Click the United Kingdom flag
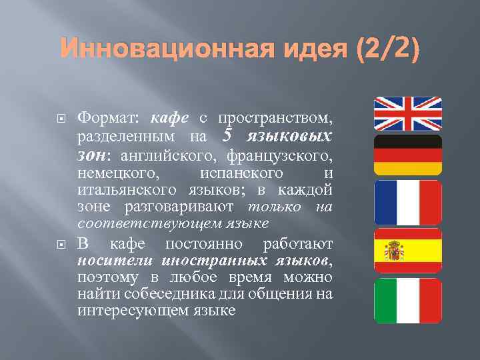[407, 113]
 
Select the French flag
[407, 202]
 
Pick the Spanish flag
[407, 251]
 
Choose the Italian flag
[407, 301]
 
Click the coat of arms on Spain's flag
[394, 251]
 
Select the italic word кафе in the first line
[171, 118]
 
